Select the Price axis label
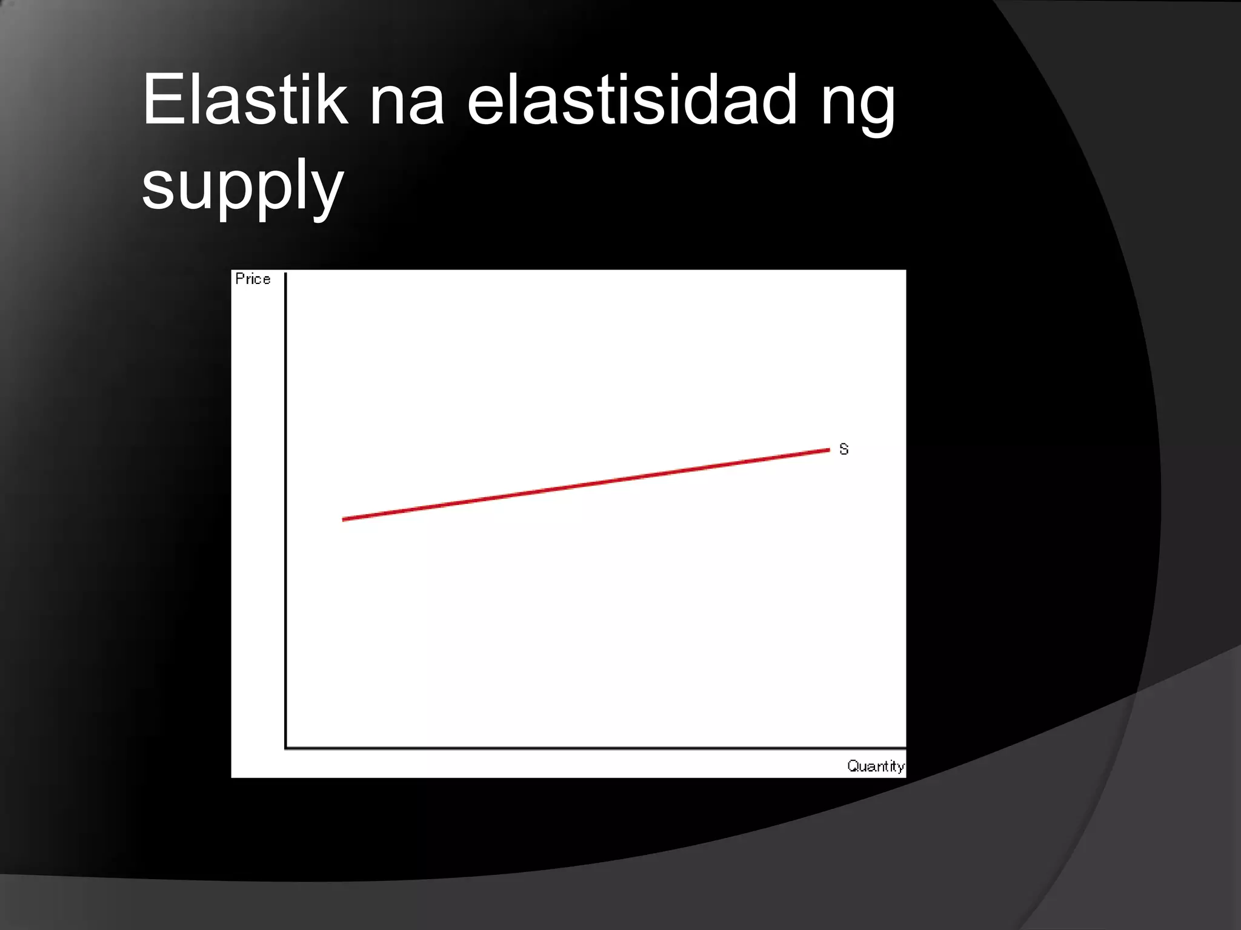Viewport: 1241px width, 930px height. click(x=253, y=279)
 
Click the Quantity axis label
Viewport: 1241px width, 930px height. click(x=876, y=767)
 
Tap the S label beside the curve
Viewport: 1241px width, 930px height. click(x=843, y=449)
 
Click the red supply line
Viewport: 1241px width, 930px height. click(x=585, y=484)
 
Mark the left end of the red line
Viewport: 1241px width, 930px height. click(x=344, y=519)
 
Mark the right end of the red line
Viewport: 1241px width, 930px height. click(x=828, y=450)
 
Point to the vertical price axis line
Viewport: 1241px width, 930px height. click(x=285, y=509)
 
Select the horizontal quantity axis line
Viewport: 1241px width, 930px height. click(x=594, y=748)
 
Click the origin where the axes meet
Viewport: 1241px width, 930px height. click(x=286, y=748)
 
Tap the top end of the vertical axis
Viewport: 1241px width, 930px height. click(x=285, y=275)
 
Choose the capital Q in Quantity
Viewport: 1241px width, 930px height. click(x=852, y=766)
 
